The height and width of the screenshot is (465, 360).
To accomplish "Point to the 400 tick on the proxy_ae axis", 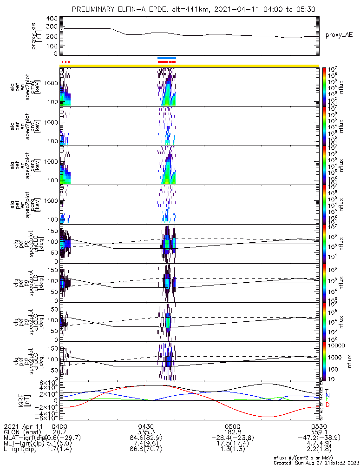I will [52, 19].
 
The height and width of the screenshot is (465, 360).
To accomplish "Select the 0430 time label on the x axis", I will [146, 426].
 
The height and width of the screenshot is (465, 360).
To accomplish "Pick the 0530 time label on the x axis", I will [319, 426].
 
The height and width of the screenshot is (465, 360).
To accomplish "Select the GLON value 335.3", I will [146, 432].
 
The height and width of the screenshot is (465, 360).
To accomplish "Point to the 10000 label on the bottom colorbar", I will [337, 346].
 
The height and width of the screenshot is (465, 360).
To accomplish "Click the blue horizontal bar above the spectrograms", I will [167, 58].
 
